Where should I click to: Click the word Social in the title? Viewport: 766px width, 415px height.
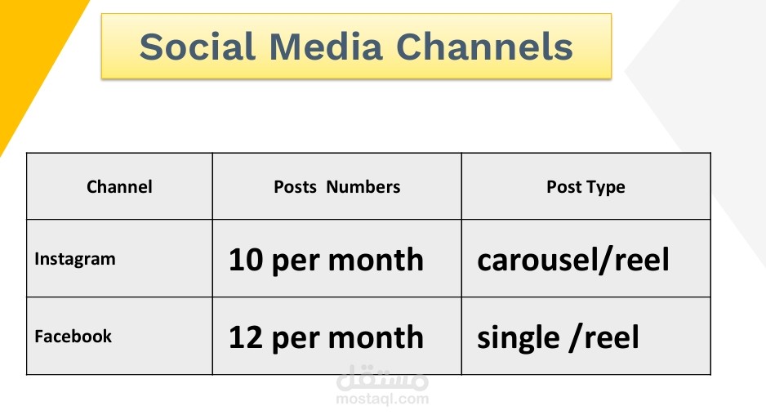(x=198, y=47)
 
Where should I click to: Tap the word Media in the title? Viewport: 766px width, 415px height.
(x=325, y=47)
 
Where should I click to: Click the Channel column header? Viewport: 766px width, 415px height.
(x=119, y=187)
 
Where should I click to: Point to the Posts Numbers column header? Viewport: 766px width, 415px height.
(x=336, y=187)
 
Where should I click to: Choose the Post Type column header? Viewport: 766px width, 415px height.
(x=586, y=187)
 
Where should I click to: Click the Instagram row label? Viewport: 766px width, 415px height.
(x=75, y=259)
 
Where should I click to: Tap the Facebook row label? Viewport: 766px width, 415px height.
(x=73, y=337)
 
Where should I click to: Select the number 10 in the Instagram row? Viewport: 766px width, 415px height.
(x=246, y=260)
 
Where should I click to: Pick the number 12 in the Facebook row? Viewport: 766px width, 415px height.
(x=246, y=337)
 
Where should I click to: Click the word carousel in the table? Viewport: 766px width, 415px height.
(x=537, y=260)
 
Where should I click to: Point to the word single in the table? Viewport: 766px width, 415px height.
(x=519, y=337)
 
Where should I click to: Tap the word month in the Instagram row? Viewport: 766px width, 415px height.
(x=376, y=260)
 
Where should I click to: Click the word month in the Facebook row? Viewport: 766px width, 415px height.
(x=376, y=337)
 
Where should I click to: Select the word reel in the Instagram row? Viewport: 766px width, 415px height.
(x=641, y=260)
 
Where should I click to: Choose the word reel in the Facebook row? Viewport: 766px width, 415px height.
(x=611, y=337)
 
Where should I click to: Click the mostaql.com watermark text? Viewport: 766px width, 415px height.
(x=382, y=399)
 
